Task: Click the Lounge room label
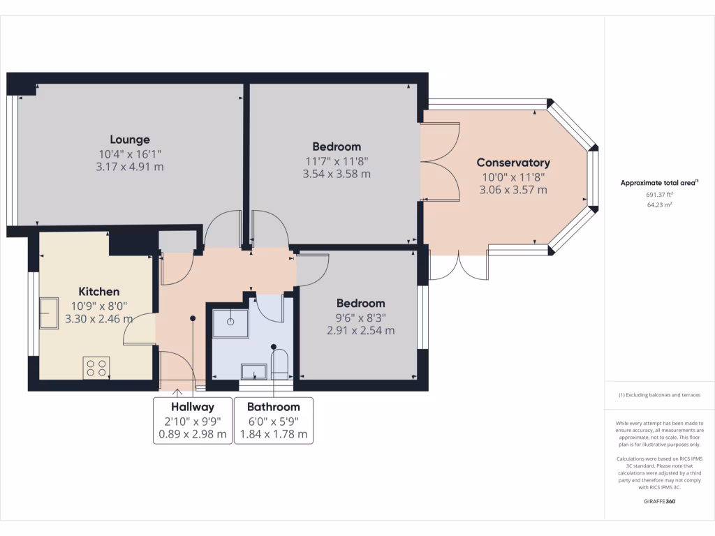(129, 140)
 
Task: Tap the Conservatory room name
(513, 163)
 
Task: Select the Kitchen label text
(99, 292)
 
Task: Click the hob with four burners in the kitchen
(96, 368)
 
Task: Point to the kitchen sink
(49, 313)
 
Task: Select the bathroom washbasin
(254, 371)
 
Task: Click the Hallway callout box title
(193, 407)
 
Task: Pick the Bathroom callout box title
(274, 407)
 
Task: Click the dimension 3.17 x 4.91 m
(129, 167)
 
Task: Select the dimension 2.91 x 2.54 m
(361, 330)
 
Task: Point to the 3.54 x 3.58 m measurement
(337, 174)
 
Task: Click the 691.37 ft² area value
(659, 195)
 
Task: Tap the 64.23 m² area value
(659, 205)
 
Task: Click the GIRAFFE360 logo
(659, 501)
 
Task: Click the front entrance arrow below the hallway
(177, 392)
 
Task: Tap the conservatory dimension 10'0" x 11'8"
(513, 177)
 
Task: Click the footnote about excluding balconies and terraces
(659, 395)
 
